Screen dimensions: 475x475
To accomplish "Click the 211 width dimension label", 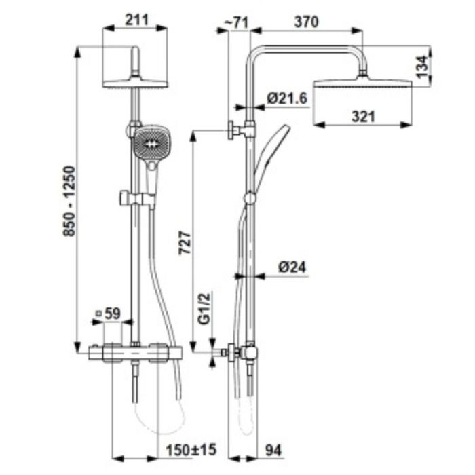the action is tap(137, 20).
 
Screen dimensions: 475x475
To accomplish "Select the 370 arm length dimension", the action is tap(306, 22).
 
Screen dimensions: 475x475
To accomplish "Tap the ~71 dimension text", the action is tap(236, 22).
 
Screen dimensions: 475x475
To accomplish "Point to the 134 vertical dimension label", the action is tap(421, 66).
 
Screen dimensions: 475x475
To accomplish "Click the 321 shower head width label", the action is tap(363, 117).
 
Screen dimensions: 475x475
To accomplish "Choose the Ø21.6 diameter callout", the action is tap(287, 98).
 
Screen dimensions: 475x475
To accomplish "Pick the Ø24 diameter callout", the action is tap(292, 267).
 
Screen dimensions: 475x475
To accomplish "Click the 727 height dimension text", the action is tap(185, 243).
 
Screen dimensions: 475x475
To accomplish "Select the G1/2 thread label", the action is tap(204, 308).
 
